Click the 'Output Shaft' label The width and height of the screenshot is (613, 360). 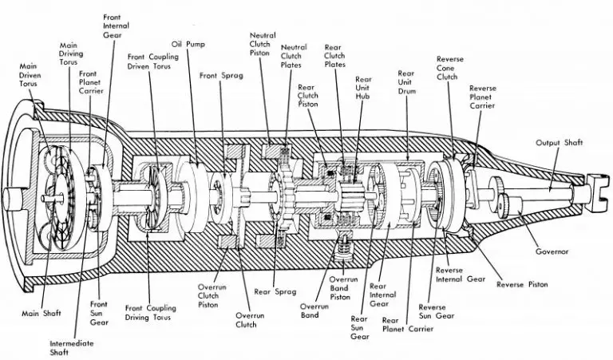coord(560,143)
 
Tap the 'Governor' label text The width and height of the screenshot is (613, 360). coord(552,251)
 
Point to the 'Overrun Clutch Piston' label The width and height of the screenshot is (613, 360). coord(212,296)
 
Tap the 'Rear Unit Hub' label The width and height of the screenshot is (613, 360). coord(363,88)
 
